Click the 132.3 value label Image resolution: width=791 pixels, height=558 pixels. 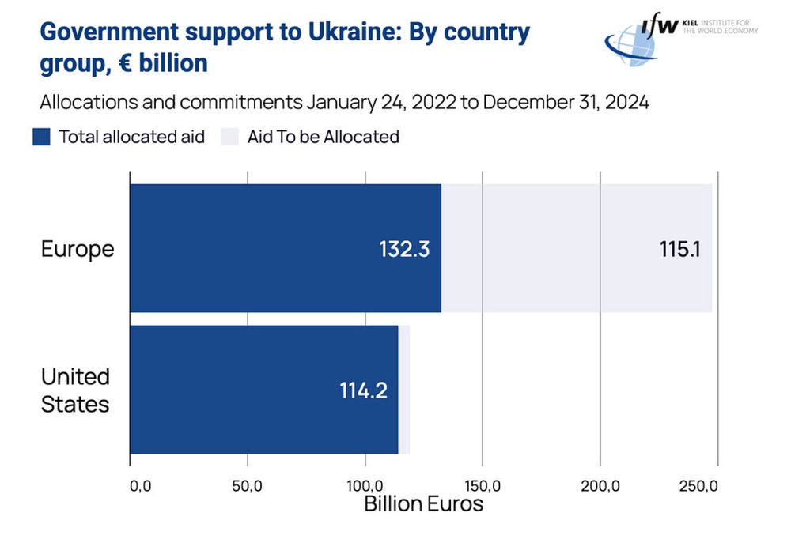tap(403, 249)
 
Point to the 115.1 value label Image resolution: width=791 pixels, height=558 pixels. tap(680, 249)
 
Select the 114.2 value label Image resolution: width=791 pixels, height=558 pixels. tap(363, 390)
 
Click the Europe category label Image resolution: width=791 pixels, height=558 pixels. tap(78, 249)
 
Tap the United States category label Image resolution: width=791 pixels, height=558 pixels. tap(75, 390)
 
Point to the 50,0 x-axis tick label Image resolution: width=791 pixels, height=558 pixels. tap(247, 485)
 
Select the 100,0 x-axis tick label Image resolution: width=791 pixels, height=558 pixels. tap(365, 485)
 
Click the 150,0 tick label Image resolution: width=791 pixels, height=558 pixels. tap(483, 485)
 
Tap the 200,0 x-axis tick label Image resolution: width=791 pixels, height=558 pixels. tap(600, 485)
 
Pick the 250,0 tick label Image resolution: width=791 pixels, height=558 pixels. tap(698, 485)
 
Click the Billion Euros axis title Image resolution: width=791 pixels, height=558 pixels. tap(423, 503)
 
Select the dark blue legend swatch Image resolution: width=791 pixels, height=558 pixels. tap(42, 137)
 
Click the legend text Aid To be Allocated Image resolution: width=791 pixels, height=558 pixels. tap(323, 137)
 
